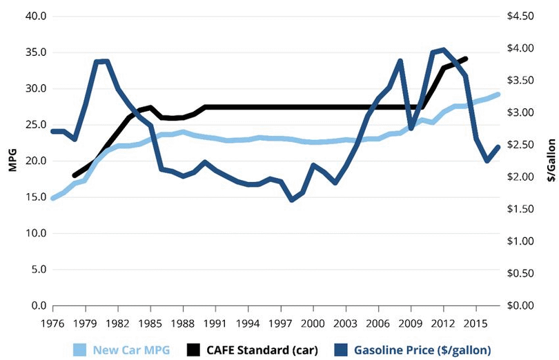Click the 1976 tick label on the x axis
[x=52, y=323]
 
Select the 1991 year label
[x=215, y=323]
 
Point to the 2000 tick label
[x=313, y=323]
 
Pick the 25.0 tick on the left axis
[x=35, y=125]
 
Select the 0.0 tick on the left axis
[x=37, y=306]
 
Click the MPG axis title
[x=12, y=160]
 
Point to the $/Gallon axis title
[x=551, y=160]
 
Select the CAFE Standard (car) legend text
[x=265, y=350]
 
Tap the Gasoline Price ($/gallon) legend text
[x=422, y=350]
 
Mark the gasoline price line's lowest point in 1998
[x=291, y=200]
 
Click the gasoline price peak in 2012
[x=442, y=50]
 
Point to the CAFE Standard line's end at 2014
[x=467, y=59]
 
